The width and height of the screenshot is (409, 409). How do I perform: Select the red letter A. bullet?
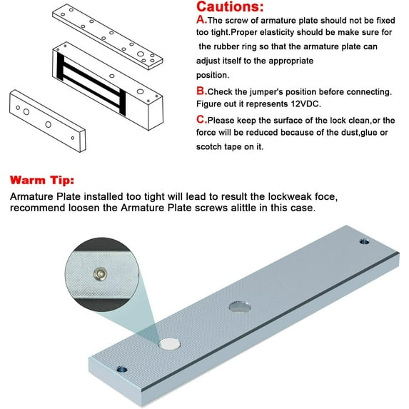click(201, 21)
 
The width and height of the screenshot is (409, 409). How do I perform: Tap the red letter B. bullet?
click(201, 91)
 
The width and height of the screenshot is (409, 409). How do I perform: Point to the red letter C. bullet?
click(201, 120)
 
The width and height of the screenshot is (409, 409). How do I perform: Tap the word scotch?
click(212, 147)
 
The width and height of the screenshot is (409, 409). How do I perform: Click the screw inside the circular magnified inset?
click(99, 273)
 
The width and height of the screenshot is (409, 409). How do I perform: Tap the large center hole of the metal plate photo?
click(241, 308)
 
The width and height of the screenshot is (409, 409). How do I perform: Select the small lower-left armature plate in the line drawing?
click(46, 118)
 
